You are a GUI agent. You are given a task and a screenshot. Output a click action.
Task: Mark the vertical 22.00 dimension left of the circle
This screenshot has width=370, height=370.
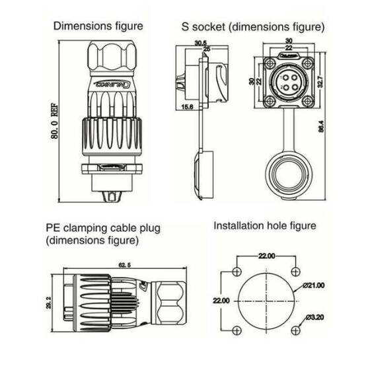(x=222, y=300)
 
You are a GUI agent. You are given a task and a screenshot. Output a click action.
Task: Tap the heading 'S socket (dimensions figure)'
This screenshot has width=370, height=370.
(x=253, y=27)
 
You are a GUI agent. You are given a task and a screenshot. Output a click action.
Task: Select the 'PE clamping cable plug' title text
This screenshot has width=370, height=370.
(x=103, y=228)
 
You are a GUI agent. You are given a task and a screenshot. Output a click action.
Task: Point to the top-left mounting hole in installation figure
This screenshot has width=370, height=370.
(x=237, y=271)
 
